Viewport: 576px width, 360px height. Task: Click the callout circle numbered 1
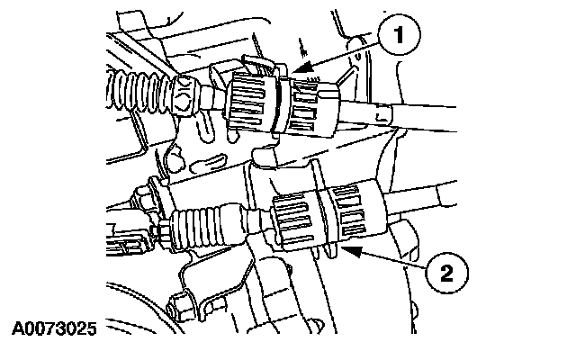point(400,35)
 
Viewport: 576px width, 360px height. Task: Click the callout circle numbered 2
point(447,273)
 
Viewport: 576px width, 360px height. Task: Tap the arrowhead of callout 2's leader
point(352,250)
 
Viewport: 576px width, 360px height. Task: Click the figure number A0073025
point(54,328)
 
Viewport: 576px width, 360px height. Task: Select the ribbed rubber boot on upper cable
point(139,90)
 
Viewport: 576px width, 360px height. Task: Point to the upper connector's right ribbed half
point(311,108)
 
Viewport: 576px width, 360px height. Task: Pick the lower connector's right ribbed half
point(353,212)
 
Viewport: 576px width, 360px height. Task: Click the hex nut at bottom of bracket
point(181,306)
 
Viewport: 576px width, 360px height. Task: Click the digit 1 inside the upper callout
point(400,35)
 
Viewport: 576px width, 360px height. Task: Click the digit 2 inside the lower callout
point(447,274)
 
